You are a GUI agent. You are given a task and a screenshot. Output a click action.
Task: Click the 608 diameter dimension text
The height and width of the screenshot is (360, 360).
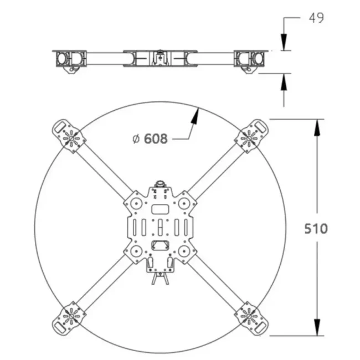pos(155,138)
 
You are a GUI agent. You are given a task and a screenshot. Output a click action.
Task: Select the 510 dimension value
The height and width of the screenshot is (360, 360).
pos(316,228)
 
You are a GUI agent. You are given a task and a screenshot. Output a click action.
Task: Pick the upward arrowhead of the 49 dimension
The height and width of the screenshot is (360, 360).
pos(284,81)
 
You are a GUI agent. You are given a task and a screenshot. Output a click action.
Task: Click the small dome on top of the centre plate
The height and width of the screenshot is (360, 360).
pos(160,184)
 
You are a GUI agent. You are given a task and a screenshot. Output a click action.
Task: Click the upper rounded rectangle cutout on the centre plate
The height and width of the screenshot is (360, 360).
pos(160,209)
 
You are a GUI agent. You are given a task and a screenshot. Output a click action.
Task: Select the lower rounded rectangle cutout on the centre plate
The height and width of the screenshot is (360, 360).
pos(160,246)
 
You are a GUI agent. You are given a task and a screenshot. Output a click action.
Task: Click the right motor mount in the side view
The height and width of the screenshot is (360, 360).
pos(250,59)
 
